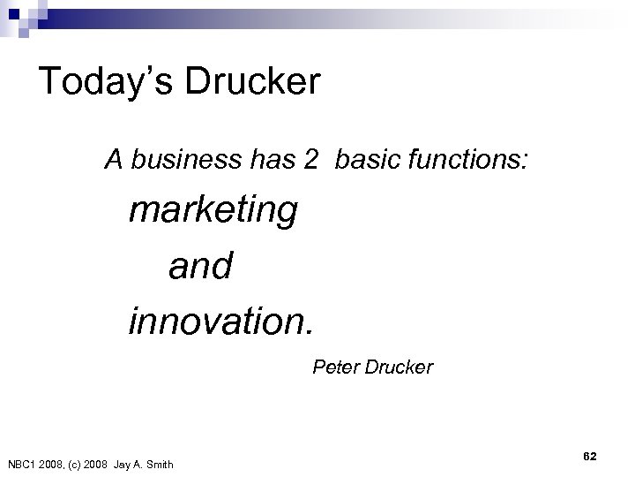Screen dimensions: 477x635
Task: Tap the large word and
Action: [x=199, y=265]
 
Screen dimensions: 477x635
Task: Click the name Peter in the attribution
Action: [x=333, y=366]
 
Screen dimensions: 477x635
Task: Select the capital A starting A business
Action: [x=112, y=160]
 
